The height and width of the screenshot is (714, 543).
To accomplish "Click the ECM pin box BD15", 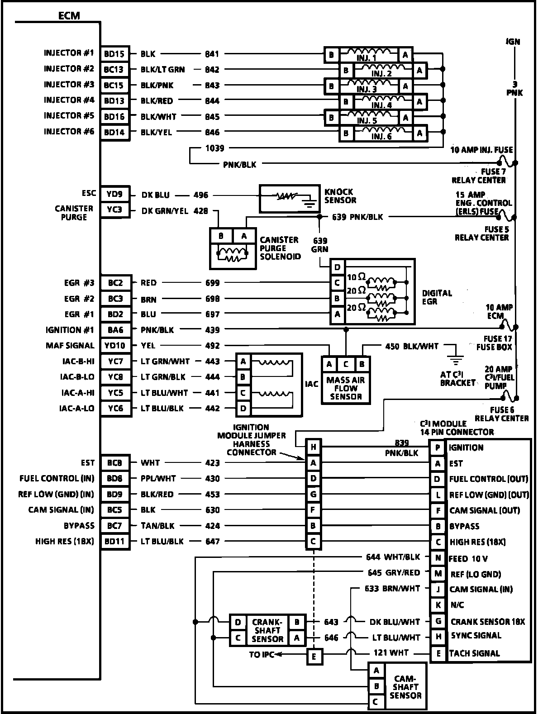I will tap(114, 54).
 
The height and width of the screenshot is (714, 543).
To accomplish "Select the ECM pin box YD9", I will tap(114, 195).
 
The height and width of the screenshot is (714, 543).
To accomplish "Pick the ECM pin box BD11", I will tap(114, 542).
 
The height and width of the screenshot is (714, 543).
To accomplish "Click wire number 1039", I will tap(214, 148).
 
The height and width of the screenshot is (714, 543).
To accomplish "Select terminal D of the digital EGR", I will tap(337, 267).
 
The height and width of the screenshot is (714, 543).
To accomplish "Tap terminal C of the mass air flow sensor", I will tap(346, 364).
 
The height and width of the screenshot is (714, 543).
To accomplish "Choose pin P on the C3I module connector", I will tap(437, 448).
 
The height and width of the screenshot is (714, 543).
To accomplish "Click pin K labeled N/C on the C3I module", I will tap(438, 605).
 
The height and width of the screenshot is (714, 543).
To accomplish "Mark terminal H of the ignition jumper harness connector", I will tap(313, 447).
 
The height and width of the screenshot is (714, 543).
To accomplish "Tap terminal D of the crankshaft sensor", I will tap(238, 622).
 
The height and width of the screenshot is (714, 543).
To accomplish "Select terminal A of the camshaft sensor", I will tap(376, 671).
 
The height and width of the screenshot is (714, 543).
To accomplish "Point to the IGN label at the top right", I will tap(513, 42).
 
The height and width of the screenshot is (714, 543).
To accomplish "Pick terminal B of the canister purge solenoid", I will tap(221, 236).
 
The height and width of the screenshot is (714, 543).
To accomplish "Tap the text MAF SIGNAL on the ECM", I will tap(70, 346).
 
